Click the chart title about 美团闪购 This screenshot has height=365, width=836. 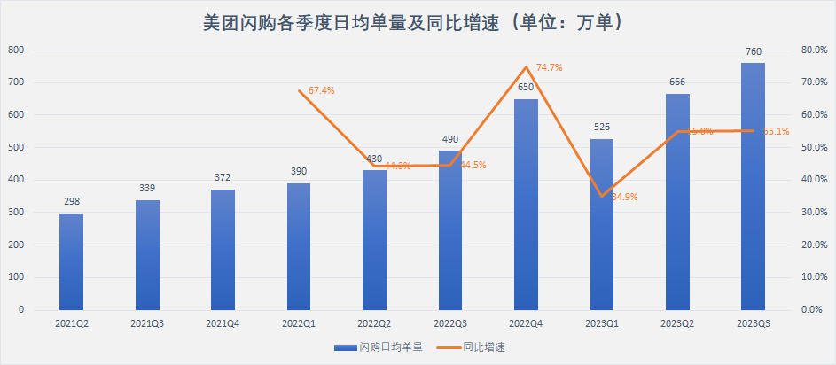[x=417, y=21]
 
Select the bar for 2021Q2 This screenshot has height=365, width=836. [x=71, y=261]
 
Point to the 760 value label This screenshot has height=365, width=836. [x=754, y=52]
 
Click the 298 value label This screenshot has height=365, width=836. [x=71, y=202]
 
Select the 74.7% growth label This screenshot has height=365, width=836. [x=550, y=67]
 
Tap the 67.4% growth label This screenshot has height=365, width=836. [x=321, y=90]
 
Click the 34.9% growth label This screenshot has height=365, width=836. [x=624, y=197]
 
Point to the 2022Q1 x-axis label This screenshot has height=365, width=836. [x=298, y=325]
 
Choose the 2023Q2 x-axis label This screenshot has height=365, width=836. [x=677, y=325]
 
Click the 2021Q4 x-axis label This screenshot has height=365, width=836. [x=223, y=325]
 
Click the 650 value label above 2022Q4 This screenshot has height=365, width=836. [x=526, y=87]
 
